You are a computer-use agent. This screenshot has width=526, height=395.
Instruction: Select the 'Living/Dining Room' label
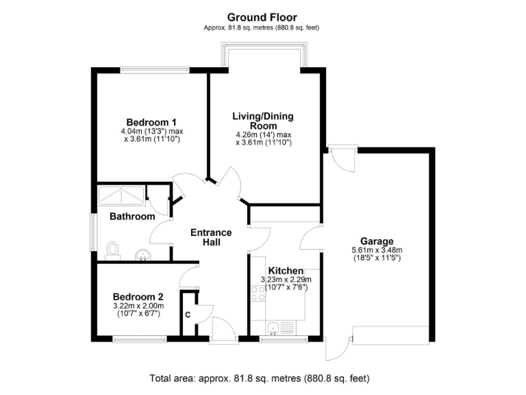[x=263, y=121]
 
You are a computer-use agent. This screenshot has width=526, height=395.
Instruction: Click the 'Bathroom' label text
[x=132, y=217]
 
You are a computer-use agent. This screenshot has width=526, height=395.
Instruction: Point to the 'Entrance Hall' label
[x=210, y=237]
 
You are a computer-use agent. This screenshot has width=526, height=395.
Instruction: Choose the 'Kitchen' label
[x=286, y=271]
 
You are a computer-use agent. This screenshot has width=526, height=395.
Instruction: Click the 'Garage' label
[x=377, y=241]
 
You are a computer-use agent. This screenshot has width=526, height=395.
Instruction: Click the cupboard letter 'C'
[x=188, y=315]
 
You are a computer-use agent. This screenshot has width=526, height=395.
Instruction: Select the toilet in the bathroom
[x=114, y=250]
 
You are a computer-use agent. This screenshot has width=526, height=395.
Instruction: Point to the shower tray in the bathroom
[x=121, y=195]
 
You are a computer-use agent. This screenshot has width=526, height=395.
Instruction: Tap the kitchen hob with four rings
[x=259, y=294]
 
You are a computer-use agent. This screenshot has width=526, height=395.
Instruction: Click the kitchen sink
[x=275, y=326]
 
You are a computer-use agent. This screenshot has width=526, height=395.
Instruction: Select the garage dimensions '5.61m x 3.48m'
[x=377, y=250]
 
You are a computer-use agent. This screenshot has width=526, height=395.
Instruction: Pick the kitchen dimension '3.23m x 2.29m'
[x=286, y=280]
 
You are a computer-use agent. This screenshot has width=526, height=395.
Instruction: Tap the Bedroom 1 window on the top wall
[x=154, y=69]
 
